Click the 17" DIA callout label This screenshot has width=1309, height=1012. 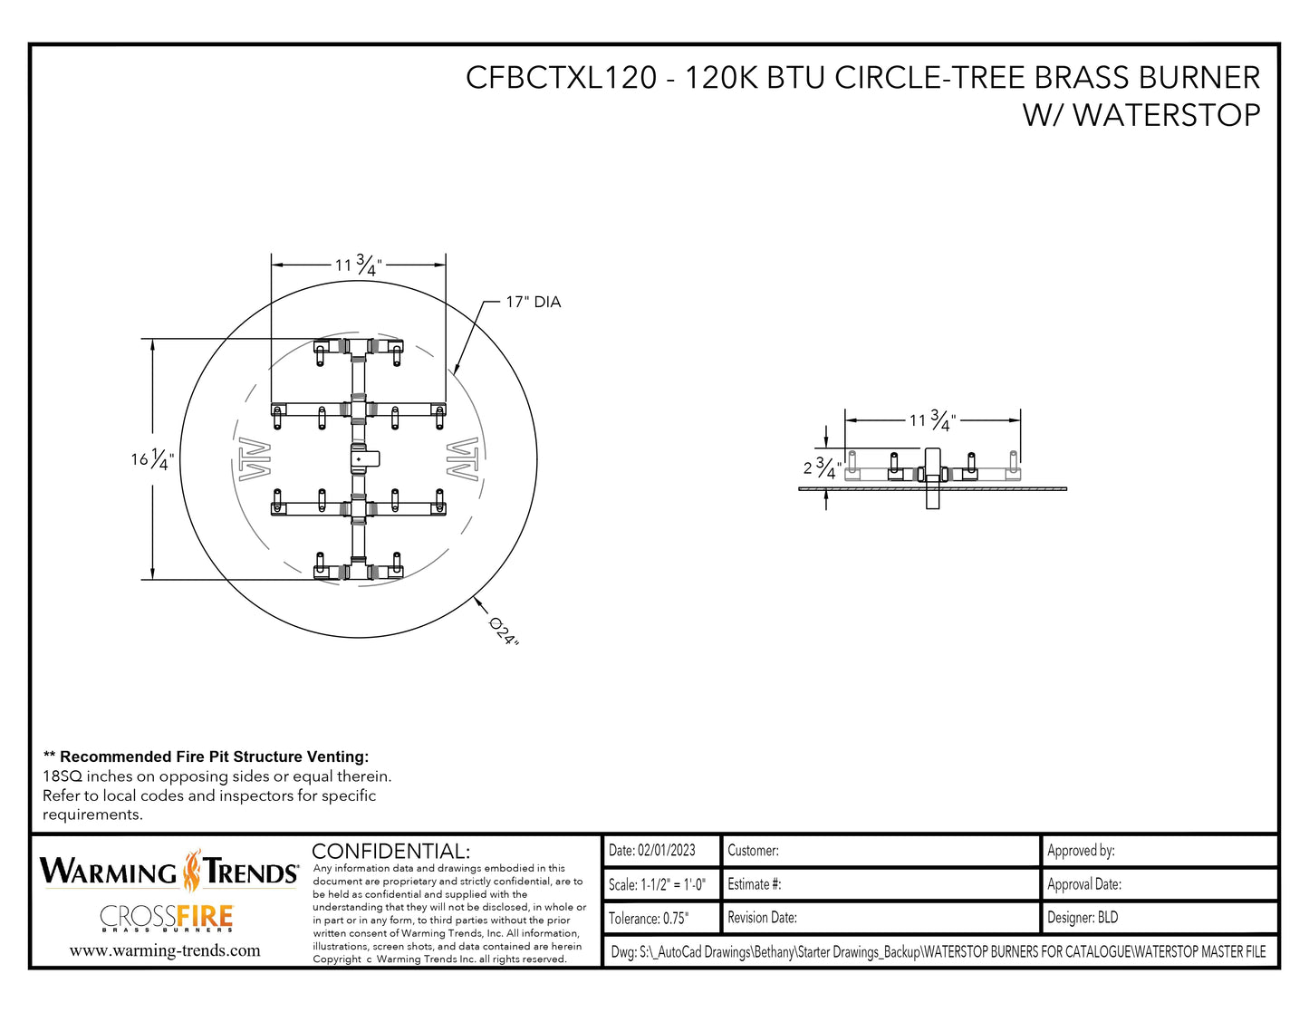point(533,302)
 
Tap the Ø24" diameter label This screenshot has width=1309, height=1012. point(504,631)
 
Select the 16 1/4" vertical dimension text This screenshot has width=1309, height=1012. point(151,459)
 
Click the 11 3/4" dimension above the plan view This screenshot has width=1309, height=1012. point(358,265)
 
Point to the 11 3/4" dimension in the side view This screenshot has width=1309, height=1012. point(932,419)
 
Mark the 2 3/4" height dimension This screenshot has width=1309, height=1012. point(821,467)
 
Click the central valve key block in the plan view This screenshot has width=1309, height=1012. point(361,458)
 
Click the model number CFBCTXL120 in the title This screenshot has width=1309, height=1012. point(561,78)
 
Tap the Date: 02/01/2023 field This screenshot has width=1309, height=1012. point(652,850)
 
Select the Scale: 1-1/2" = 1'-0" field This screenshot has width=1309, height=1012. point(657,884)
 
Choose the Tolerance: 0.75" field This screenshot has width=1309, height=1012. point(649,918)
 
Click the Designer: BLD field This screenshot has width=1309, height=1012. point(1083,918)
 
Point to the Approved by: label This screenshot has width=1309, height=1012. point(1081,850)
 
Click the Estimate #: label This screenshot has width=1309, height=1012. point(754,884)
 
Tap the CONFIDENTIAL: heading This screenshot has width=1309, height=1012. point(390,851)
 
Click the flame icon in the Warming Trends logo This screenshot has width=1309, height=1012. point(191,871)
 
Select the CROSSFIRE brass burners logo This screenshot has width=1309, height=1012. point(167,918)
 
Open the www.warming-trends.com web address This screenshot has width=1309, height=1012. point(165,950)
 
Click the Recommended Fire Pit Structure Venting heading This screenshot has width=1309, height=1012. point(207,757)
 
